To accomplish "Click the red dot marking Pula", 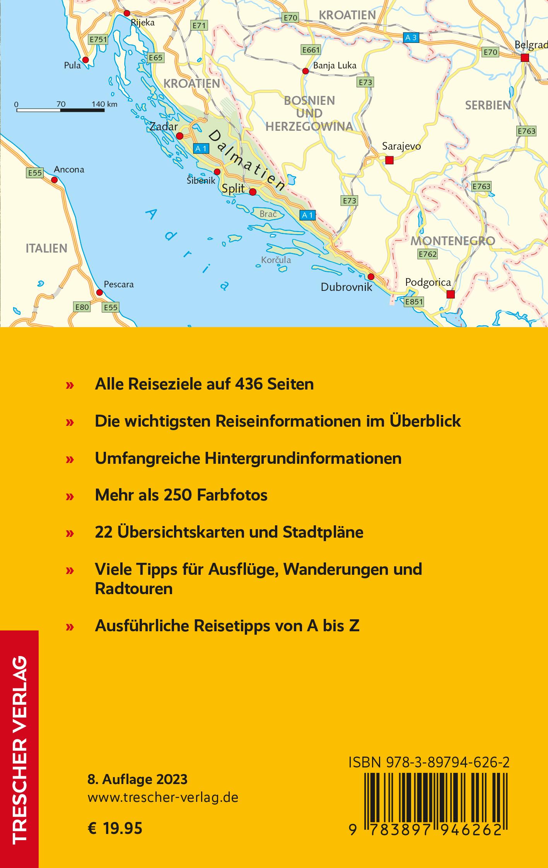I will point(85,60).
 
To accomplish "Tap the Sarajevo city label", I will point(401,146).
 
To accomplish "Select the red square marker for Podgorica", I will point(450,295).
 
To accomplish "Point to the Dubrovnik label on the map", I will point(347,287).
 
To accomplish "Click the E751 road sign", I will point(98,39).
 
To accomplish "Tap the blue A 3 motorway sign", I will point(411,38).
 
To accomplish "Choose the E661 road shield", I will point(311,50).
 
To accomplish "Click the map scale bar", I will point(60,110).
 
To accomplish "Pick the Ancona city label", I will point(69,169).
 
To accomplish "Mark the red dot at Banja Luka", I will point(305,71).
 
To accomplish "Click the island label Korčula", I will point(276,260).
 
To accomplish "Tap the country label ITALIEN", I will point(46,248).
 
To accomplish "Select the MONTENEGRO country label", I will point(452,241).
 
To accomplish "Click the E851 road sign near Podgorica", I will point(413,302).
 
